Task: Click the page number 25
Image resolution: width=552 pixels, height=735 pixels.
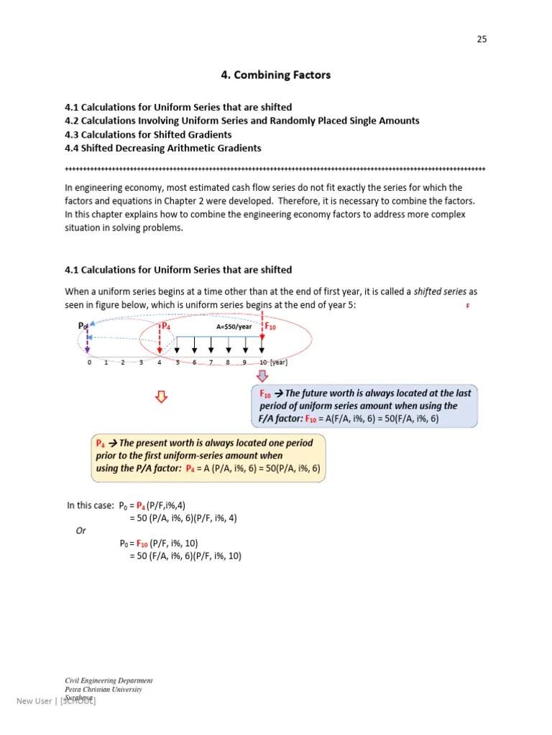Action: (x=482, y=39)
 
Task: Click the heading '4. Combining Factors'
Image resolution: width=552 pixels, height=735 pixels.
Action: (x=275, y=75)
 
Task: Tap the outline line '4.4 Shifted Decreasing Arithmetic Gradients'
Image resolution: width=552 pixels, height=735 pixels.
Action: (x=163, y=148)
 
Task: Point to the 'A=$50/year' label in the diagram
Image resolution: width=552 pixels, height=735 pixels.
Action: (x=235, y=327)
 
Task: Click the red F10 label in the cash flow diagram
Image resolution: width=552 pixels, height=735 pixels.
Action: (x=271, y=327)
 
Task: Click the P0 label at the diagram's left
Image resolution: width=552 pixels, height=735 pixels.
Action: (x=83, y=327)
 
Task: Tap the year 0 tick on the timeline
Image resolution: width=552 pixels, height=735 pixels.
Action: (x=89, y=362)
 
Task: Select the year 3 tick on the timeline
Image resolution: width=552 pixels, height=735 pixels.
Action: (x=142, y=362)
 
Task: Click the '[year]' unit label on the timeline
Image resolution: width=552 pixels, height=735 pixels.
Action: (x=279, y=362)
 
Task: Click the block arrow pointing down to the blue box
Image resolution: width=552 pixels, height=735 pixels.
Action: (x=262, y=377)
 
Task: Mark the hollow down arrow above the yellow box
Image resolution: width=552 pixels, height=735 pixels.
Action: (x=162, y=397)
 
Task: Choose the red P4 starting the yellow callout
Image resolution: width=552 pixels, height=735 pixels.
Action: (x=101, y=444)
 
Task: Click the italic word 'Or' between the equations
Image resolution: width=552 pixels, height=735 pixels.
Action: (x=81, y=531)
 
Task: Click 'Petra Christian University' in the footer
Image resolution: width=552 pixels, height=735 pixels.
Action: (x=103, y=689)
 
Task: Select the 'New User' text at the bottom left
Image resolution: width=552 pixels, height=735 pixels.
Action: (x=34, y=701)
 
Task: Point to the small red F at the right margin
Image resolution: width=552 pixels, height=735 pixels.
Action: (x=468, y=306)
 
